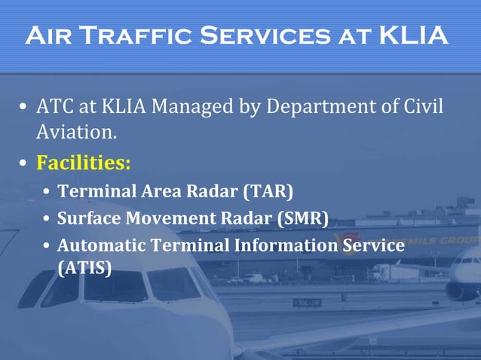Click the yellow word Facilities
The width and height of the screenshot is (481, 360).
pos(83,162)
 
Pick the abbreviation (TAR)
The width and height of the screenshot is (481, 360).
pos(268,191)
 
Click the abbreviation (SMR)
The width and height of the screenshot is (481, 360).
pos(303,218)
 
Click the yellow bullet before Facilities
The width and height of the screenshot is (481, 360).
pos(24,163)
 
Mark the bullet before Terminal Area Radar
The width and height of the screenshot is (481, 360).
pos(47,192)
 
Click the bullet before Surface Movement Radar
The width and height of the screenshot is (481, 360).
pos(47,220)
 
